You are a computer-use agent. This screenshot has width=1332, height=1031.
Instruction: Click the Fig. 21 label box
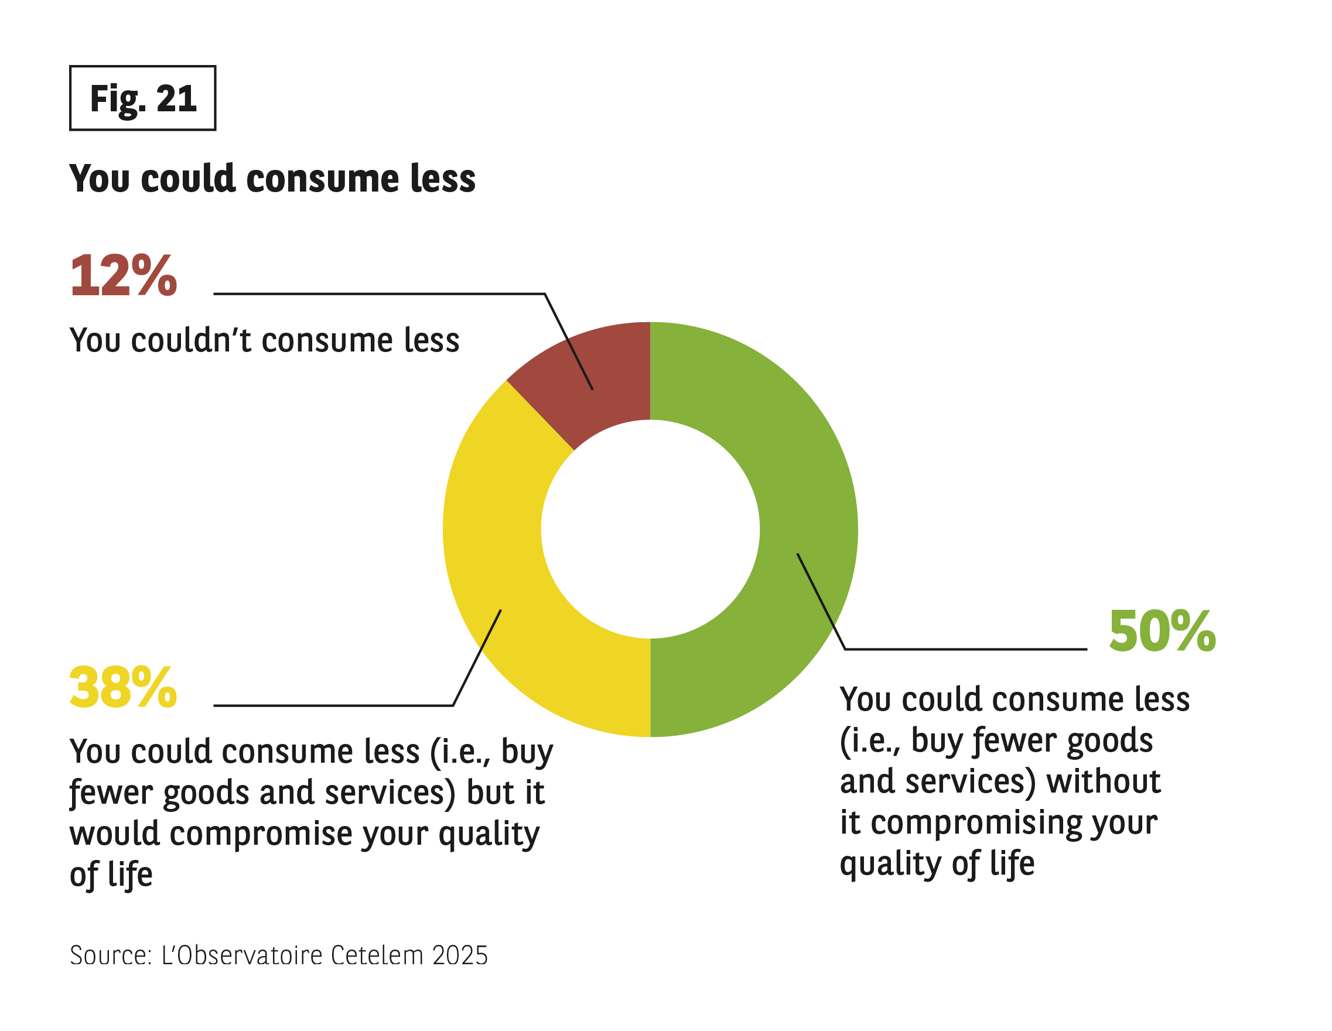[x=143, y=98]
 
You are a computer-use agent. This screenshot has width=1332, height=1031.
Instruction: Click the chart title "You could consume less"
[x=272, y=179]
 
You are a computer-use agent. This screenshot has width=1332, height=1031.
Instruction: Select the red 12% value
[x=123, y=276]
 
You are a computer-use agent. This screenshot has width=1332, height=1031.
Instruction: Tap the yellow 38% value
[x=123, y=688]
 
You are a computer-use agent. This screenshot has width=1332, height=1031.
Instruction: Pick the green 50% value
[x=1162, y=631]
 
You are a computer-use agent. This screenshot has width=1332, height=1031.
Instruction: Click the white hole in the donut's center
[x=650, y=529]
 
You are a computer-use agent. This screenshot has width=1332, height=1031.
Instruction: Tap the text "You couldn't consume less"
[x=264, y=340]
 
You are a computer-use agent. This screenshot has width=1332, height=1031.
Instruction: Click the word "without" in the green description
[x=1104, y=781]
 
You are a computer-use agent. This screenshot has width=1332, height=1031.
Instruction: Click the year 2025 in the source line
[x=460, y=955]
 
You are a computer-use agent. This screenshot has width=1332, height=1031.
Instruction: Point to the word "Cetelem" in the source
[x=377, y=955]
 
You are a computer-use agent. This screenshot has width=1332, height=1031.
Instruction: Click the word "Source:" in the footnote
[x=110, y=955]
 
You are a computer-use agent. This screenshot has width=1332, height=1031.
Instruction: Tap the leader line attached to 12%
[x=378, y=294]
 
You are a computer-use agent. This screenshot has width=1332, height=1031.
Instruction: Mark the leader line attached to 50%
[x=964, y=649]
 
